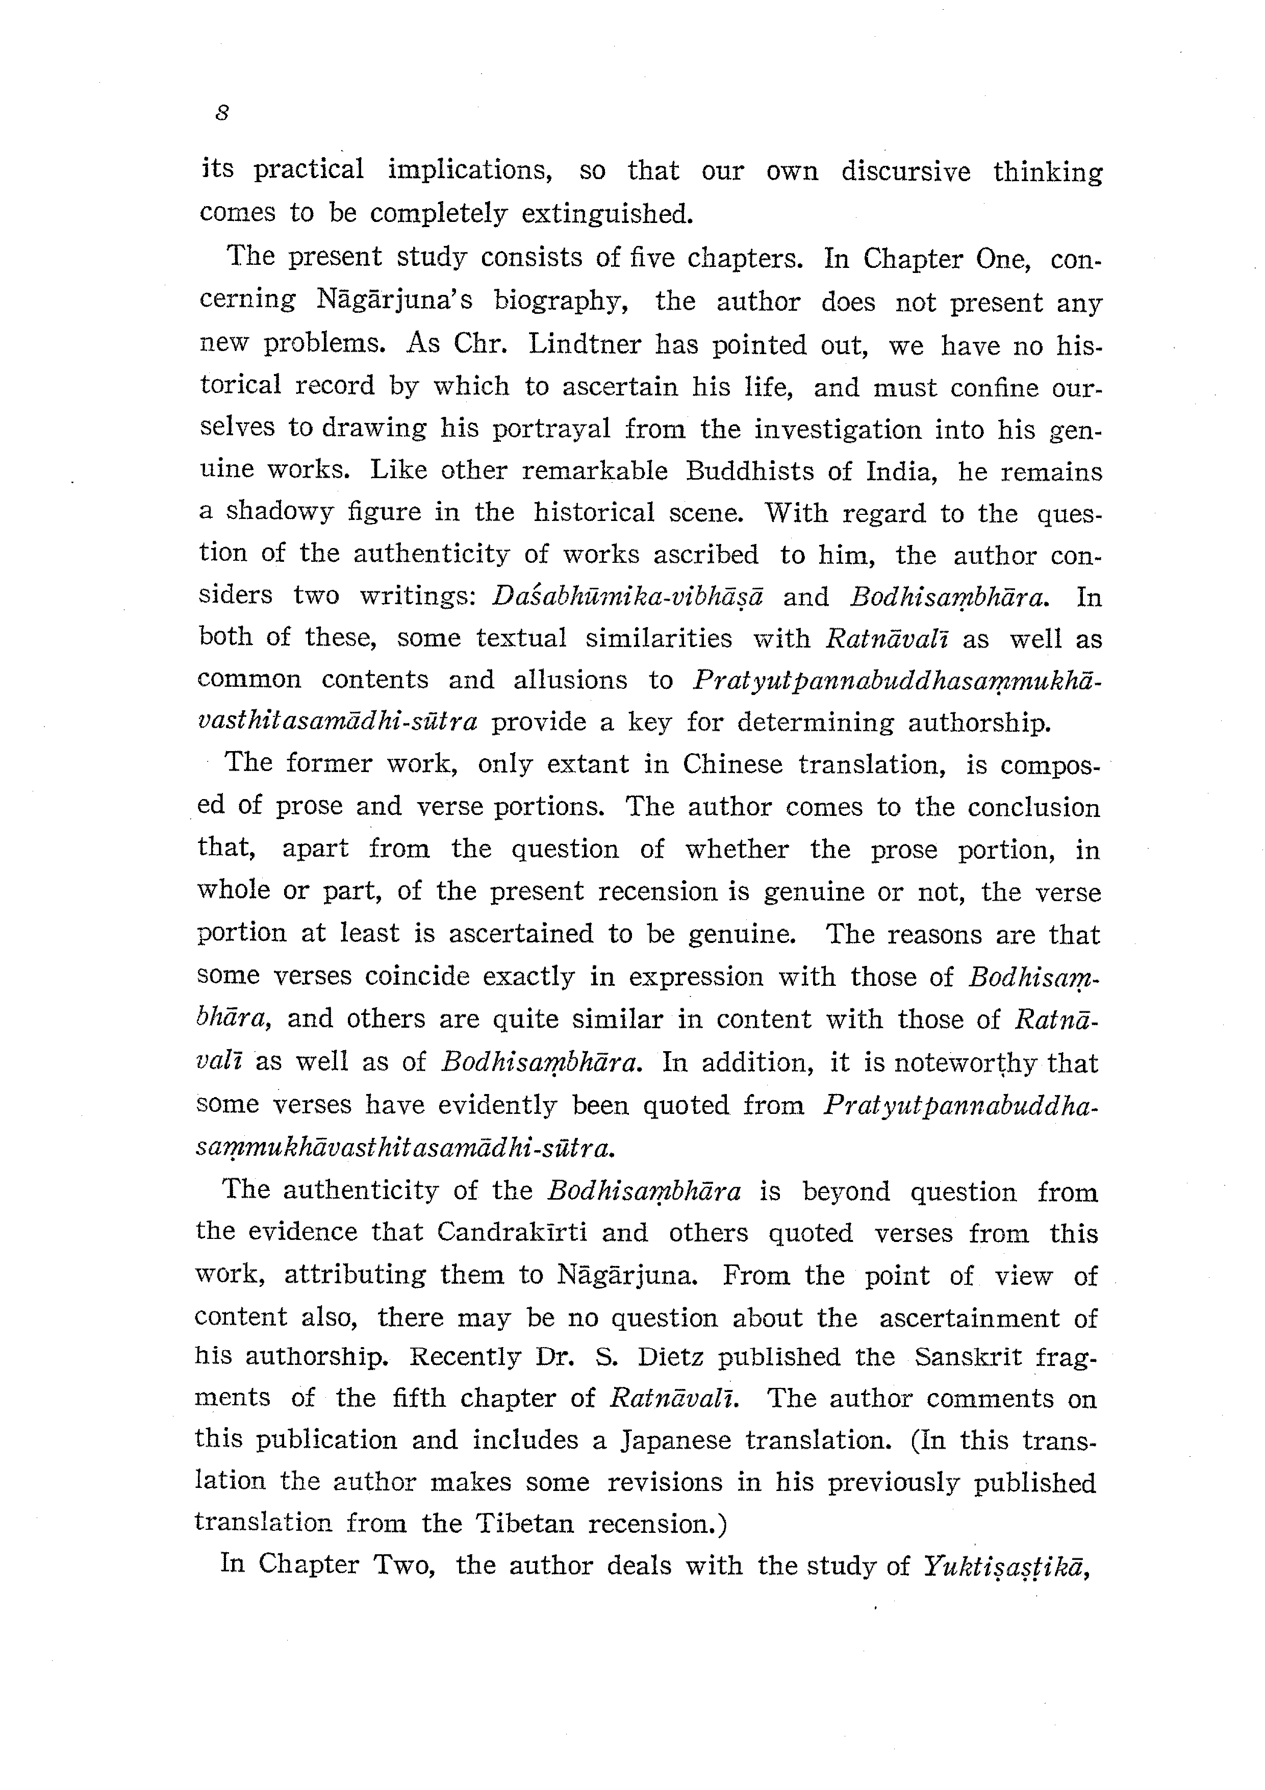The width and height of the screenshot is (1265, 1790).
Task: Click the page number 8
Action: pyautogui.click(x=222, y=114)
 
